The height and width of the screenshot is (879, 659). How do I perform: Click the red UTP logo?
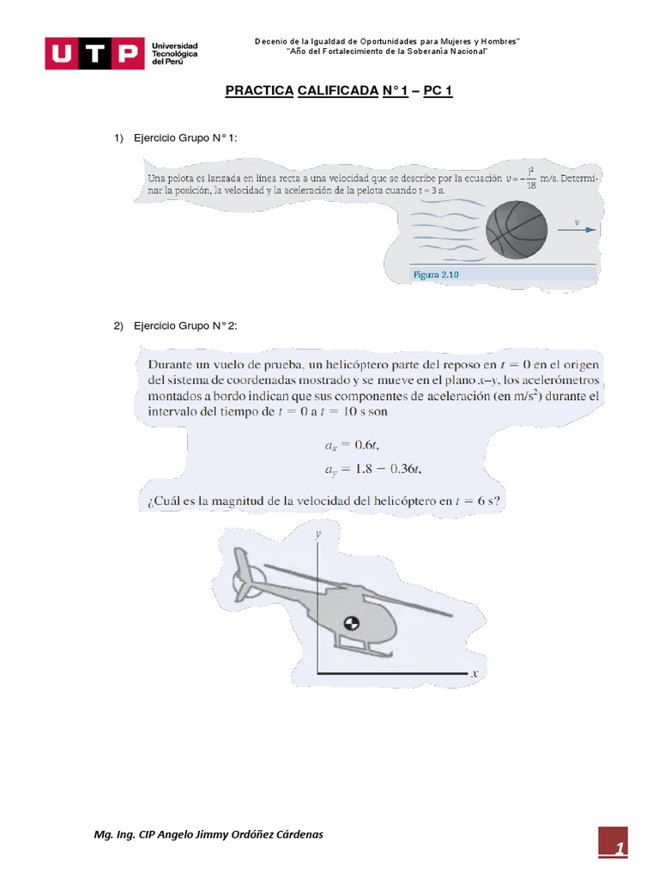[x=94, y=55]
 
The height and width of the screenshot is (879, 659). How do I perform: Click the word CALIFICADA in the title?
[x=336, y=90]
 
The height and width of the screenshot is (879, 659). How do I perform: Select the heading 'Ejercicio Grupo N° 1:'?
[x=185, y=138]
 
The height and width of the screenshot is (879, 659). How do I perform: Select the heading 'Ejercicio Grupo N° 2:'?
[x=185, y=326]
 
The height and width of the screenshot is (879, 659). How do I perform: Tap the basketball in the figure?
[x=516, y=230]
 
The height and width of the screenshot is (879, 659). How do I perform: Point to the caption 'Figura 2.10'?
[x=437, y=275]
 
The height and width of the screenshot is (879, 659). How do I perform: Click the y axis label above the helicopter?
[x=317, y=534]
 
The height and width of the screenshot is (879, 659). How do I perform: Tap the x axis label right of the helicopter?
[x=475, y=675]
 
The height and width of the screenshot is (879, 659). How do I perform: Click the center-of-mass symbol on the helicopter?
[x=350, y=623]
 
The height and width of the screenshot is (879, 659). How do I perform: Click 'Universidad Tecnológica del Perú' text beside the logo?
[x=175, y=55]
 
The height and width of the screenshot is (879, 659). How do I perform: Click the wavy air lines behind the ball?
[x=446, y=227]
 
